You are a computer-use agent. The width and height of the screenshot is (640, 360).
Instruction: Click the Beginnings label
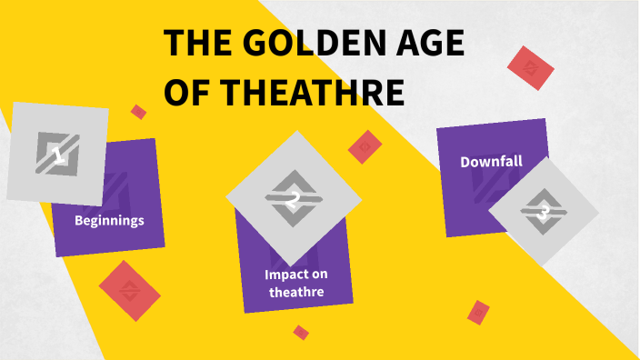[109, 220]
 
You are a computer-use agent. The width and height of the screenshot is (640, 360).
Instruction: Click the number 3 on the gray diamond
[544, 213]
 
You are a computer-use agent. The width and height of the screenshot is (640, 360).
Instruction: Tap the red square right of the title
[530, 68]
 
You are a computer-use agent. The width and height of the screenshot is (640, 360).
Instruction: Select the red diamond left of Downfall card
[365, 145]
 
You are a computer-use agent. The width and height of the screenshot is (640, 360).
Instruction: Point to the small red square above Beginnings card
[138, 112]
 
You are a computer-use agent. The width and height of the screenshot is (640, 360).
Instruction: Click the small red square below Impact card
[301, 332]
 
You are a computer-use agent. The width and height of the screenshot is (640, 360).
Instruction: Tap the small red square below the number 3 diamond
[478, 312]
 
